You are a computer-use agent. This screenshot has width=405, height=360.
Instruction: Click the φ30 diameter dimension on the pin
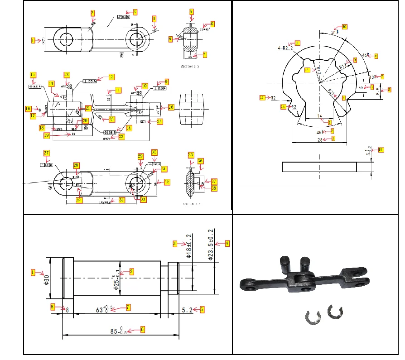(46, 279)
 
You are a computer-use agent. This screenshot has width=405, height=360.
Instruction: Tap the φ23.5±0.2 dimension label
(210, 243)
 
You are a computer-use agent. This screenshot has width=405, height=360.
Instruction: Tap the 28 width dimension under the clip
(320, 140)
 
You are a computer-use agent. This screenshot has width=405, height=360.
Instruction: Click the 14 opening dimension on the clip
(320, 116)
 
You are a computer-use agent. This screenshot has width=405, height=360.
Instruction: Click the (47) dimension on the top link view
(43, 40)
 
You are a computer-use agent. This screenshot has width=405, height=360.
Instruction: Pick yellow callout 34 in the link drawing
(121, 200)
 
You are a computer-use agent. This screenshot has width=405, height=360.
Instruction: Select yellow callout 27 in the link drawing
(46, 153)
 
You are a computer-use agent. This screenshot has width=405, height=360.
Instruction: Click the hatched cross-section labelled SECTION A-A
(191, 182)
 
